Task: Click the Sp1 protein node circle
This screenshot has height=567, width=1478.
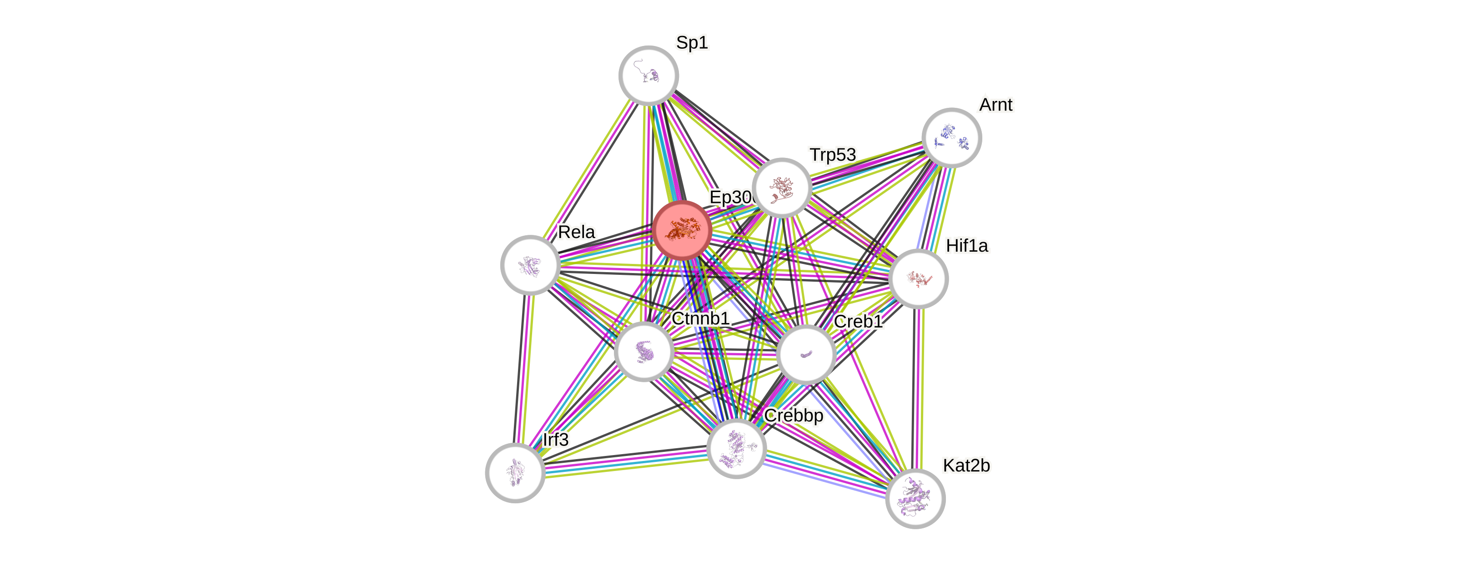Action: coord(649,75)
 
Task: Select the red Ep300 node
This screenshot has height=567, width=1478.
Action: coord(682,229)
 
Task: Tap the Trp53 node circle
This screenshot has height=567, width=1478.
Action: coord(781,187)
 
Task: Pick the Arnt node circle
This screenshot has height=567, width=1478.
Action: coord(951,138)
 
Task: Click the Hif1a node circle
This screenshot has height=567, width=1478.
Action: coord(918,279)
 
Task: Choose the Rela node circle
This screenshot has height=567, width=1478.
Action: coord(530,265)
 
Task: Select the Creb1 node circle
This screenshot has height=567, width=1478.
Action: coord(805,354)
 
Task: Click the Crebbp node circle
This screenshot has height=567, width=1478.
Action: coord(737,448)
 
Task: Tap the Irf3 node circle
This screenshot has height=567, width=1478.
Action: coord(515,472)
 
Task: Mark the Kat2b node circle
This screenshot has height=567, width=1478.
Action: coord(915,498)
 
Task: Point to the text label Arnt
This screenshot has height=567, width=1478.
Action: coord(995,105)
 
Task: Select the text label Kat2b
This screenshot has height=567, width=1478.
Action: coord(966,466)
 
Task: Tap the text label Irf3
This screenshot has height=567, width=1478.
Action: coord(555,440)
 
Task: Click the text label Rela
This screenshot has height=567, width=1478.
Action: coord(576,233)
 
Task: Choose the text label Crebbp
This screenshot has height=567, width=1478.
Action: coord(794,415)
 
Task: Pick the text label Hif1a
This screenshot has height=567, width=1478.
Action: coord(967,246)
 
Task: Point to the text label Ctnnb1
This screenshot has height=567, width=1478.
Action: coord(700,319)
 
